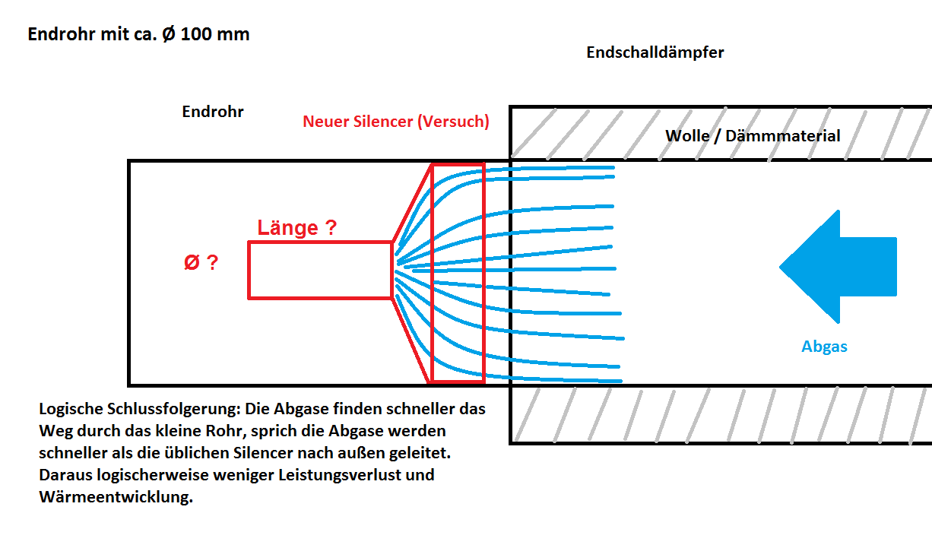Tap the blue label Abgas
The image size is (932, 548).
pyautogui.click(x=824, y=347)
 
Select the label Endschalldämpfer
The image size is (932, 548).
pyautogui.click(x=655, y=52)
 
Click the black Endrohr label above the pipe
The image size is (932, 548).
pyautogui.click(x=213, y=112)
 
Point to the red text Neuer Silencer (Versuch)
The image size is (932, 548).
pyautogui.click(x=395, y=121)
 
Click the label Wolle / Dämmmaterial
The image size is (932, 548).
pyautogui.click(x=753, y=136)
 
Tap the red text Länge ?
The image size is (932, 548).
pyautogui.click(x=296, y=227)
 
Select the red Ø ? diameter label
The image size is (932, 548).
pyautogui.click(x=201, y=263)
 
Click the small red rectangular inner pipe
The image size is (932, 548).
pyautogui.click(x=320, y=270)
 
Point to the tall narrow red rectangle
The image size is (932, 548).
pyautogui.click(x=458, y=273)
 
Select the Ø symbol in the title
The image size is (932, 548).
pyautogui.click(x=170, y=34)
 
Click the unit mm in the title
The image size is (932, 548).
pyautogui.click(x=236, y=34)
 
